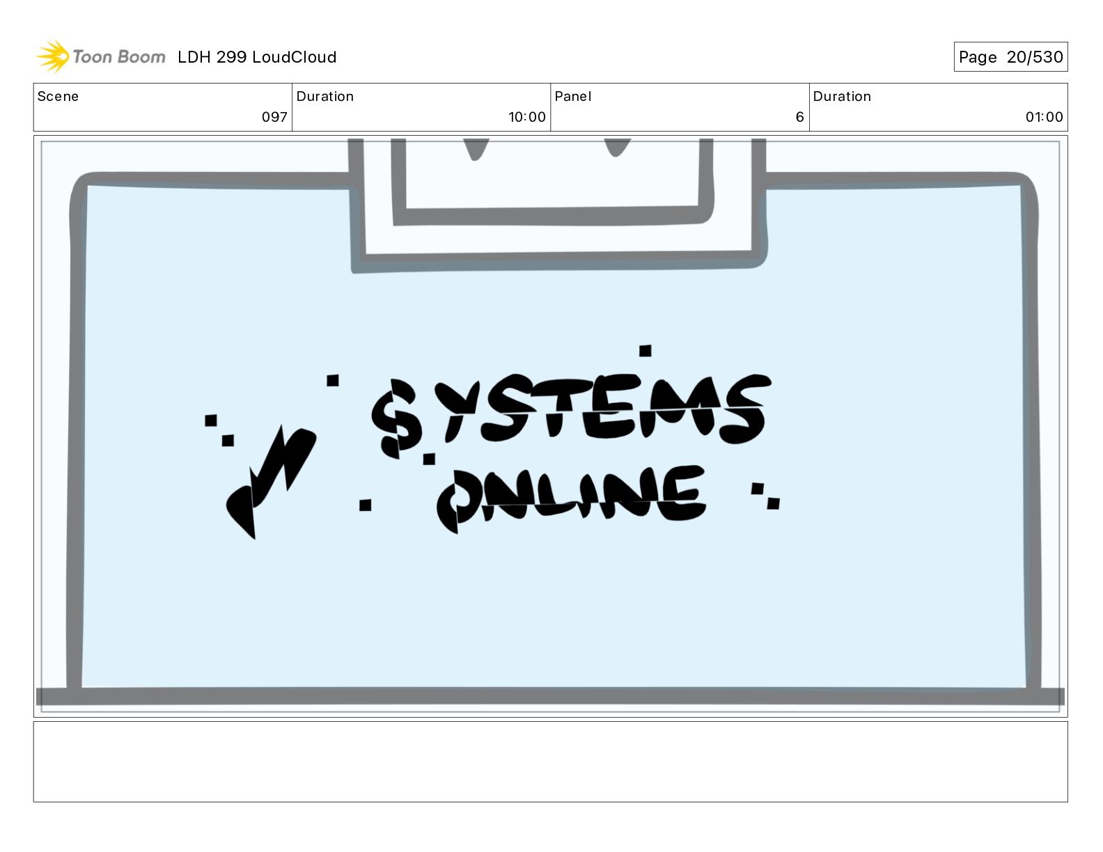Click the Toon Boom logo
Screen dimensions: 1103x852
point(101,56)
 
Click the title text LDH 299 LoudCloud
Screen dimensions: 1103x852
point(256,57)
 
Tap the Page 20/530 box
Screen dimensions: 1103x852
point(1010,57)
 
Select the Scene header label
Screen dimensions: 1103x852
point(58,97)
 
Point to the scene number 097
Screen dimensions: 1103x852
point(274,117)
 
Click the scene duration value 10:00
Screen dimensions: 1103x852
point(526,117)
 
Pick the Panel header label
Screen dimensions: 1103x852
point(572,97)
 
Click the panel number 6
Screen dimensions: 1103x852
point(799,117)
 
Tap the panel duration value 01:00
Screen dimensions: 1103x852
point(1044,117)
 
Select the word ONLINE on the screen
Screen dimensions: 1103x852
point(571,496)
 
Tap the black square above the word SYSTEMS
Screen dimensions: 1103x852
point(646,350)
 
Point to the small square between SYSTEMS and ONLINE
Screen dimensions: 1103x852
point(429,459)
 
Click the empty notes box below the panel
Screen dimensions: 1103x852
point(550,762)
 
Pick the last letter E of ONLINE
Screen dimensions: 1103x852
point(682,494)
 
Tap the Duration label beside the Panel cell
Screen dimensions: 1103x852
point(842,97)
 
